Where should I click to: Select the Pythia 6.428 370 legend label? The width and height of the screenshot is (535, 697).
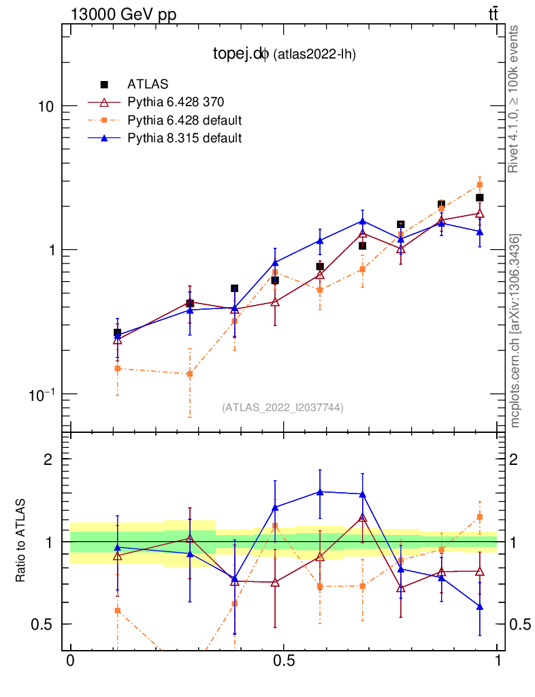[x=176, y=102]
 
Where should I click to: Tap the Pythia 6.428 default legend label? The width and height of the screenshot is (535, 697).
[x=184, y=120]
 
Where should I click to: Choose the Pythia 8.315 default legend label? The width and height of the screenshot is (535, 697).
[x=184, y=137]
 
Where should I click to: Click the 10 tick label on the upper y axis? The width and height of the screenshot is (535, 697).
[x=44, y=107]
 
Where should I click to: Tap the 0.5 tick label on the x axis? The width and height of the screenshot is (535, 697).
[x=283, y=662]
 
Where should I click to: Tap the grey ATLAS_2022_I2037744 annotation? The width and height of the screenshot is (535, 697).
[x=282, y=408]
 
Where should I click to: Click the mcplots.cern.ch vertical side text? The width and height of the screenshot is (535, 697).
[x=515, y=331]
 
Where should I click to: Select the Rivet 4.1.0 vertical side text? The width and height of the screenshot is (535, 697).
[x=515, y=99]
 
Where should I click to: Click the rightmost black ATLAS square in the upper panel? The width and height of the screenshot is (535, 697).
[x=480, y=198]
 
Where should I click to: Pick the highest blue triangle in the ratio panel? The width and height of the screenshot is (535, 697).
[x=319, y=491]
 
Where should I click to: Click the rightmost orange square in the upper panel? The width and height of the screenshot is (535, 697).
[x=480, y=184]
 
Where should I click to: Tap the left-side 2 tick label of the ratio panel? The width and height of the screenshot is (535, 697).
[x=48, y=459]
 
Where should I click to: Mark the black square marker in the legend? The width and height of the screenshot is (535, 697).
[x=105, y=84]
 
